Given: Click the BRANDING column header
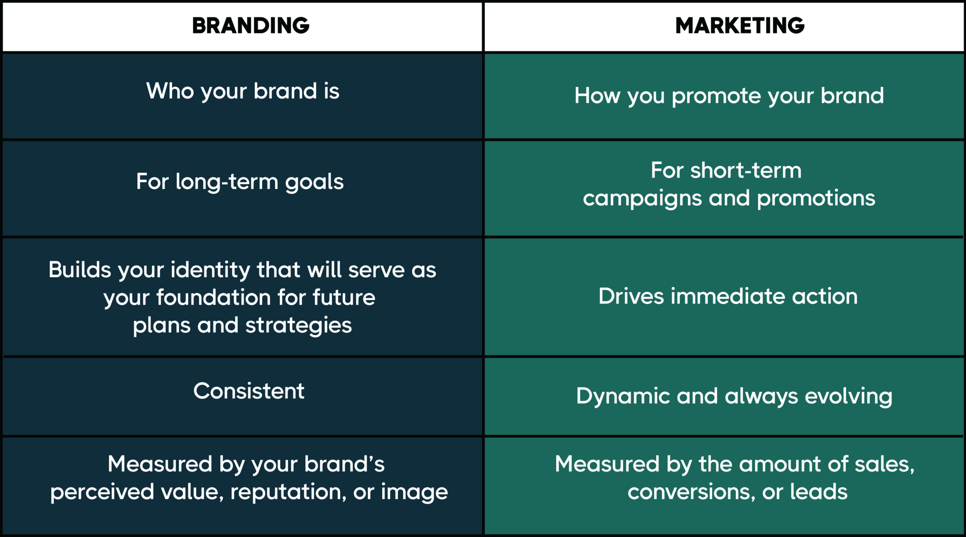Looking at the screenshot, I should click(x=250, y=26).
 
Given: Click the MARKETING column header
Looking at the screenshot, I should click(x=740, y=26).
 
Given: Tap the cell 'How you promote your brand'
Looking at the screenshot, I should click(x=729, y=96).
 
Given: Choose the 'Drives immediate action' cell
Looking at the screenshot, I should click(x=728, y=297).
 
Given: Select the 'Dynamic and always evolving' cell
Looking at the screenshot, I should click(x=734, y=397).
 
